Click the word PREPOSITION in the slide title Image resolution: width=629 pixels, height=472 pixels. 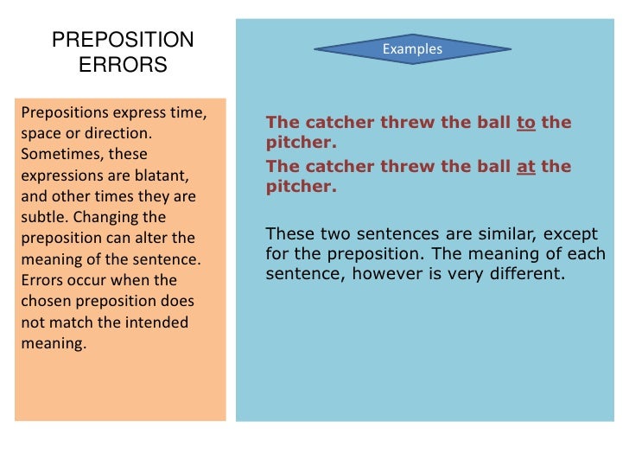123,41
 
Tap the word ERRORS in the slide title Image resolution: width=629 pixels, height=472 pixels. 123,65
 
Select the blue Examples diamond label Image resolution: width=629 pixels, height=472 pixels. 412,49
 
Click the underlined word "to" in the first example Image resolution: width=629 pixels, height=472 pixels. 526,123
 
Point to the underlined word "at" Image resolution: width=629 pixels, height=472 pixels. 526,166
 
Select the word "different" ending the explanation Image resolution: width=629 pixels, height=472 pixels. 527,275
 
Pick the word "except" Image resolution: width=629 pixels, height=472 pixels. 541,233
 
